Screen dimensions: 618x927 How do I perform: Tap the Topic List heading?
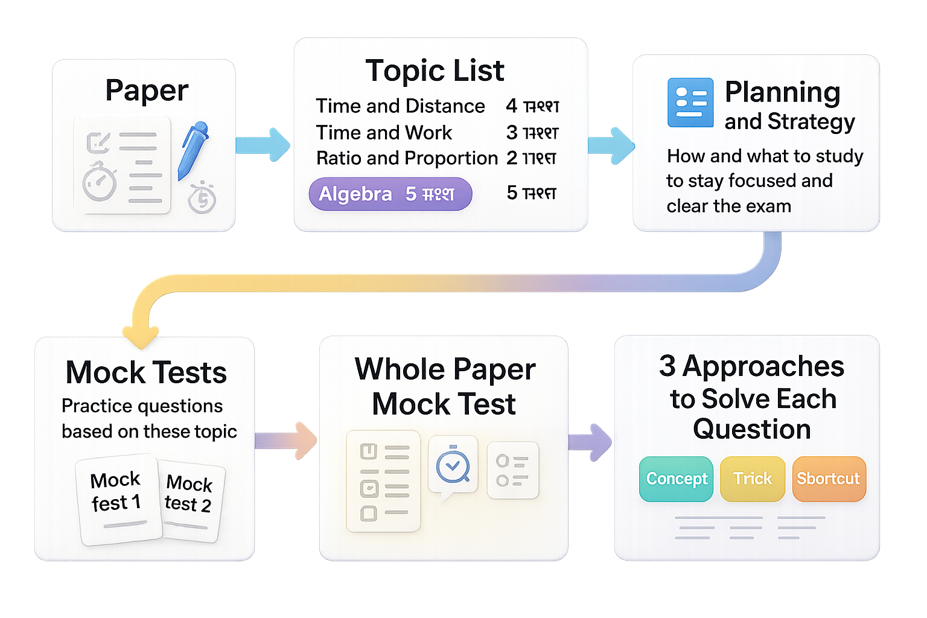click(435, 71)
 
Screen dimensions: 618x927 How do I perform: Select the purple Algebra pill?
click(390, 194)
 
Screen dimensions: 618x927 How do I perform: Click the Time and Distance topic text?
click(400, 106)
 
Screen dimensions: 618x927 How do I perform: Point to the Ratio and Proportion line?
click(407, 158)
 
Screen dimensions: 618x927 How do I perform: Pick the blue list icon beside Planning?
click(690, 102)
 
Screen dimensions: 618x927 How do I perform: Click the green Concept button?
click(676, 479)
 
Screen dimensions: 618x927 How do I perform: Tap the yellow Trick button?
click(752, 479)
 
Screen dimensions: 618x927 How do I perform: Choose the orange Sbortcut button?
click(829, 479)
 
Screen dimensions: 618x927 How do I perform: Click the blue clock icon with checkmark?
click(453, 465)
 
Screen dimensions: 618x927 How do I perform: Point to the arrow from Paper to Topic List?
click(263, 145)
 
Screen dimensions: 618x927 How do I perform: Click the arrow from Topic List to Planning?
click(611, 145)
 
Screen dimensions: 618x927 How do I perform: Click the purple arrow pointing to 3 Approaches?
click(590, 442)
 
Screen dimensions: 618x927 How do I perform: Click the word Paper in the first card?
click(147, 91)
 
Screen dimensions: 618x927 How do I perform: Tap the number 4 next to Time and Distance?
click(511, 106)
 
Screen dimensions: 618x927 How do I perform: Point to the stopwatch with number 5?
click(202, 197)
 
